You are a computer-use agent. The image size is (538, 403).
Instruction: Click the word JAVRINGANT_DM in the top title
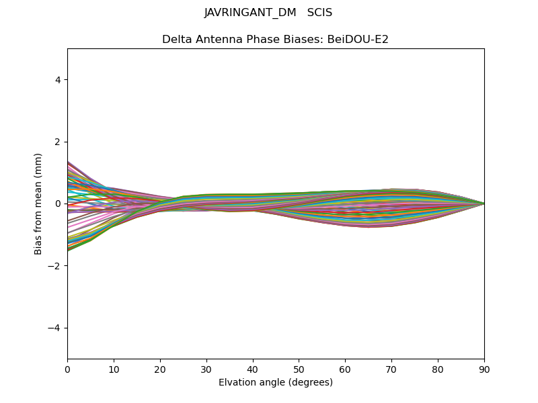tap(250, 13)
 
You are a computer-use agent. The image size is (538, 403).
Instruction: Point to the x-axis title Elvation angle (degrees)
tap(276, 382)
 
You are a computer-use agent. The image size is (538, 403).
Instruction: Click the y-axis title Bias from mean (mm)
tap(39, 204)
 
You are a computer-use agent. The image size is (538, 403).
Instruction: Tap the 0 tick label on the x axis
tap(67, 369)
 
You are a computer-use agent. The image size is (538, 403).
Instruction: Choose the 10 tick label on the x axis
tap(114, 369)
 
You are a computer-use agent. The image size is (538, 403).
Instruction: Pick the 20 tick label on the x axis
tap(160, 369)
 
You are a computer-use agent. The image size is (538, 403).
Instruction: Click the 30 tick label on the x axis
tap(206, 369)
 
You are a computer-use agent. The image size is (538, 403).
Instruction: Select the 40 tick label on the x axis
tap(253, 369)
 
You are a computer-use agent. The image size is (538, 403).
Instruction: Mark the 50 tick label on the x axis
tap(299, 369)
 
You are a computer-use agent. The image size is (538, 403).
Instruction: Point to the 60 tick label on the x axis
tap(345, 369)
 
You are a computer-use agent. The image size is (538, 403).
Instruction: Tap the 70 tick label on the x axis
tap(391, 369)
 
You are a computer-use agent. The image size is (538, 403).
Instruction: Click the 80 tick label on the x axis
tap(438, 369)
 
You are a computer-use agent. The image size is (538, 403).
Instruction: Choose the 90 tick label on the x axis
tap(484, 369)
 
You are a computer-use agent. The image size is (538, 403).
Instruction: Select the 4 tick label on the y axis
tap(58, 80)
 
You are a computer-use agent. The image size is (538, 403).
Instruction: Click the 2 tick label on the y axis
tap(58, 142)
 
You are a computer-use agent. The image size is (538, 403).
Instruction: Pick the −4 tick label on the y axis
tap(55, 328)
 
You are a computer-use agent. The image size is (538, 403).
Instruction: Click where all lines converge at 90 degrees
tap(484, 204)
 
